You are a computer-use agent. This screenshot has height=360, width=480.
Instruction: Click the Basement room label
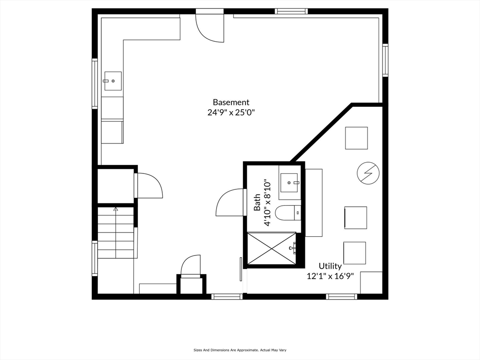tap(231, 102)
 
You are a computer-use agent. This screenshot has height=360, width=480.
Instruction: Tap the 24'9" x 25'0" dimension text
tap(231, 112)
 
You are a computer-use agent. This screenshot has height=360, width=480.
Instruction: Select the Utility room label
tap(330, 266)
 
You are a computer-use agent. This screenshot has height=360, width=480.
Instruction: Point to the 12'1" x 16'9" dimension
tap(333, 276)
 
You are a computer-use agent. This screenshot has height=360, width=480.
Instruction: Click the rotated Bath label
tap(257, 202)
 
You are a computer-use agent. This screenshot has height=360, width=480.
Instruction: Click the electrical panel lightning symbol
tap(367, 173)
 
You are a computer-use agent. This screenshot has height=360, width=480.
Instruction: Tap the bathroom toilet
tap(287, 213)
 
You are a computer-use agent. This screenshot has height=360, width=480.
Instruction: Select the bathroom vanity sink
tap(289, 182)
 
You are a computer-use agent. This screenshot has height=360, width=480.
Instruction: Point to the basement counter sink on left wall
tap(112, 81)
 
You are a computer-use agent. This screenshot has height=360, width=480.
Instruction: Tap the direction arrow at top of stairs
tap(116, 210)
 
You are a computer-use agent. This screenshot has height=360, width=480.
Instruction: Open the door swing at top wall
tap(210, 28)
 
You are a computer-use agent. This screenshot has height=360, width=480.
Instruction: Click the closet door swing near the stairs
tap(149, 186)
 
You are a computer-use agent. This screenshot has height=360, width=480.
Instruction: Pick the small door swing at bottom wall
tap(191, 265)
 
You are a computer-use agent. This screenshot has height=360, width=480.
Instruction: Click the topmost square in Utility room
tap(356, 138)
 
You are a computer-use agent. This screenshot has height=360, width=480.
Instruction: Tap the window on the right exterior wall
tap(385, 60)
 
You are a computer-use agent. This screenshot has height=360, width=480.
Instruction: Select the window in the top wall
tap(291, 11)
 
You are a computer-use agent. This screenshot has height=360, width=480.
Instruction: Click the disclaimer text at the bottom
tap(240, 350)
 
